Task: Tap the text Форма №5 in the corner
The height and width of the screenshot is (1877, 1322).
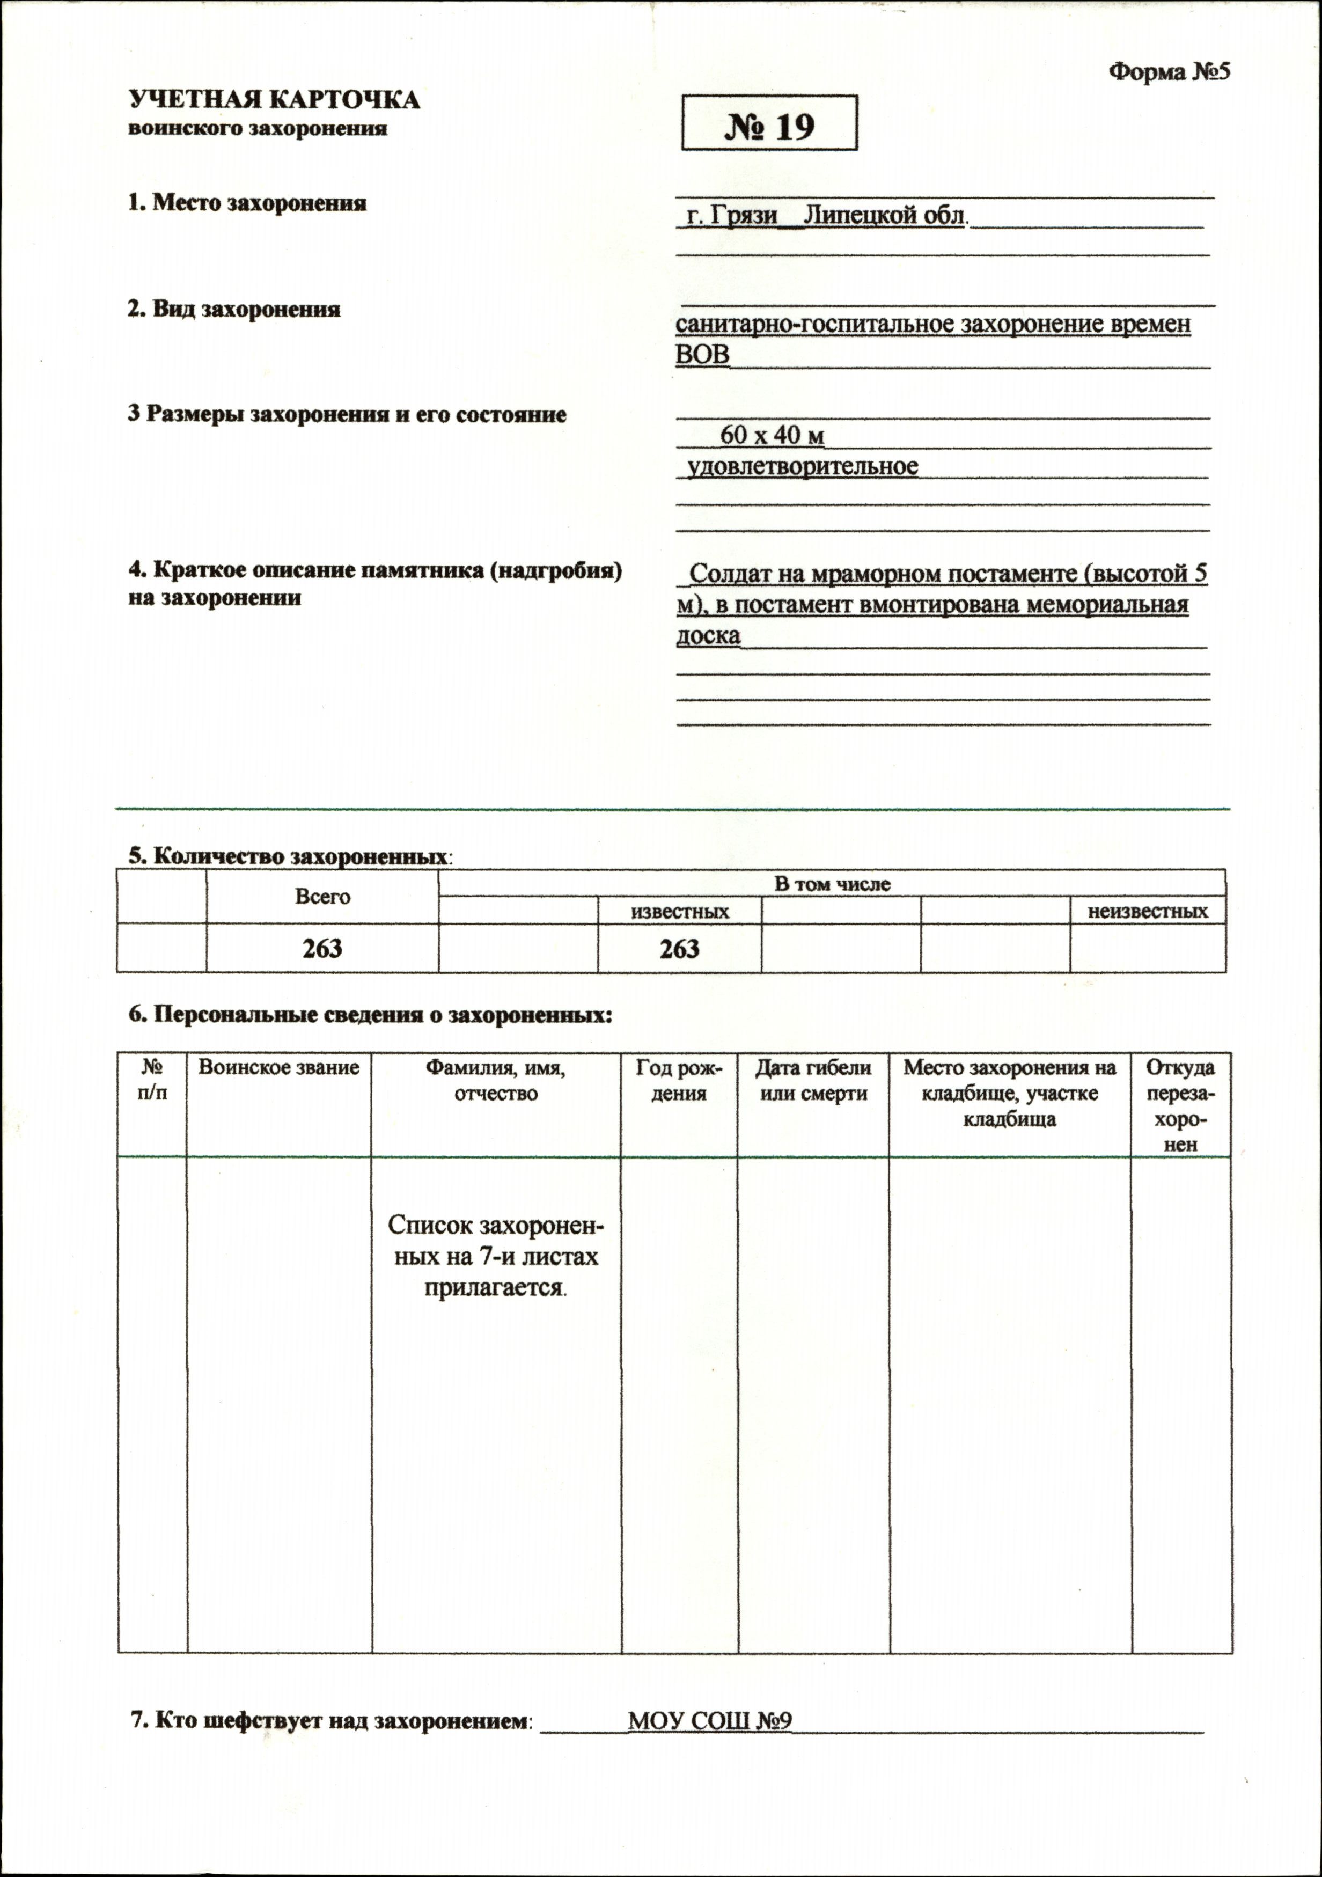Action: coord(1169,72)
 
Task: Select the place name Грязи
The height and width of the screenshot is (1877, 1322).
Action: coord(743,216)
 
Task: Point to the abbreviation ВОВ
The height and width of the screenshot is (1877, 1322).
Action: coord(702,354)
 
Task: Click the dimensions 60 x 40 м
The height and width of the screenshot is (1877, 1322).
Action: coord(771,435)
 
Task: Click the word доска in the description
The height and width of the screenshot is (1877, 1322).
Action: coord(708,635)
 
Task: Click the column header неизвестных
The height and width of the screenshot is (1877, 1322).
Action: coord(1147,911)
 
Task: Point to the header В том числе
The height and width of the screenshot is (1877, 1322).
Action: coord(832,884)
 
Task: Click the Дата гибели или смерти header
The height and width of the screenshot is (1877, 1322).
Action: coord(813,1080)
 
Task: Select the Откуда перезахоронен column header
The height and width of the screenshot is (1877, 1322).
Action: coord(1180,1105)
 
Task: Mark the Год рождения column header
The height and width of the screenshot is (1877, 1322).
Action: coord(679,1080)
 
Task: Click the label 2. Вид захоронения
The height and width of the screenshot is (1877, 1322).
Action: coord(234,309)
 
